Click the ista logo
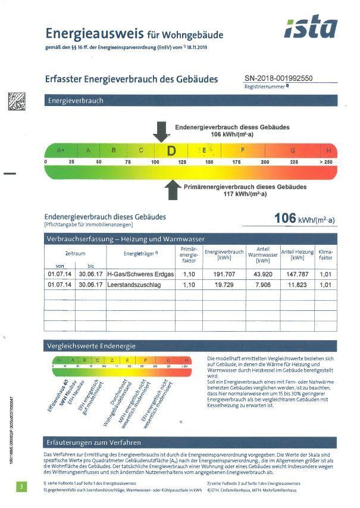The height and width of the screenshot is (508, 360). [310, 27]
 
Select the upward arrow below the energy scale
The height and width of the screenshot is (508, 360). [173, 190]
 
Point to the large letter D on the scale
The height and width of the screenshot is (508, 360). [171, 151]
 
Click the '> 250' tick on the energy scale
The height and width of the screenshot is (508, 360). [325, 162]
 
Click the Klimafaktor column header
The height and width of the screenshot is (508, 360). [325, 255]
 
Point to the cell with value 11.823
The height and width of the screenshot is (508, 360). [297, 285]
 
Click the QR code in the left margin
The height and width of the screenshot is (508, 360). [16, 102]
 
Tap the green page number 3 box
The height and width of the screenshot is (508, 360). [21, 487]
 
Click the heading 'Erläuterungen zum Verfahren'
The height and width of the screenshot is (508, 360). [94, 442]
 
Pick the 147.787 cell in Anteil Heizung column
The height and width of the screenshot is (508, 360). [297, 274]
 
